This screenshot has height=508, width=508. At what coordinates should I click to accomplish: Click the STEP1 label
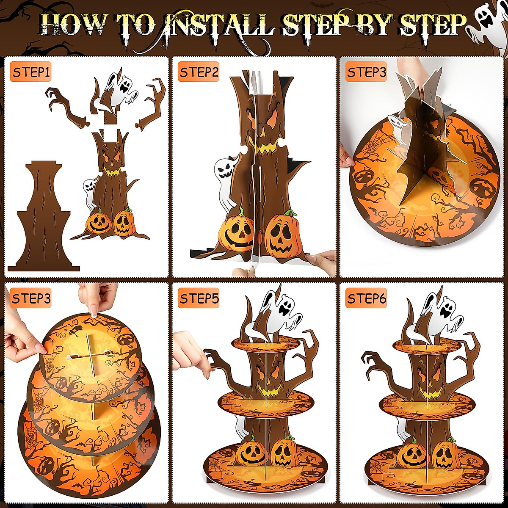click(31, 72)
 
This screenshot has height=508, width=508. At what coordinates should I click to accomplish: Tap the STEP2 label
click(199, 72)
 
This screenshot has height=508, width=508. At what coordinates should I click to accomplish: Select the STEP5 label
click(199, 298)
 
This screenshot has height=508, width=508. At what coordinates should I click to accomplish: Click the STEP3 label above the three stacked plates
click(31, 298)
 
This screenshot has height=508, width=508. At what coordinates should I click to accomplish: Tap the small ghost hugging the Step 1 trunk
click(90, 194)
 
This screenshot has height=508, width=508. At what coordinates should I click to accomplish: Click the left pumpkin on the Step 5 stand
click(251, 453)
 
